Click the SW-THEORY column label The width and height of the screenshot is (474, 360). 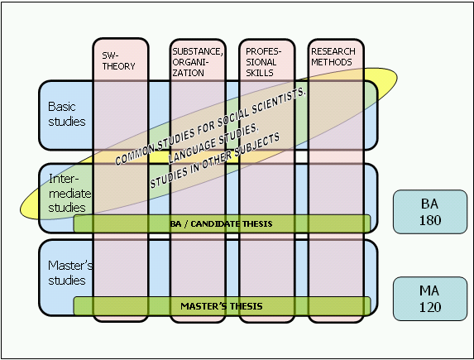point(118,60)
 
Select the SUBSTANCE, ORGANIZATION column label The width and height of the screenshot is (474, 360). point(198,62)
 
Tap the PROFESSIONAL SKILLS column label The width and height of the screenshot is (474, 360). point(263,62)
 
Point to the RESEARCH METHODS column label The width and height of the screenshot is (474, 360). point(333,56)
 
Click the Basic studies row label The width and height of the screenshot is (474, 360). point(66,114)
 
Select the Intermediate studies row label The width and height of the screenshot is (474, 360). point(69,193)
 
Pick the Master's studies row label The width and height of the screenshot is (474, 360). point(70,272)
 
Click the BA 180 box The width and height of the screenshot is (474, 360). point(430,212)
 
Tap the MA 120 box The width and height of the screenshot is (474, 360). point(430,299)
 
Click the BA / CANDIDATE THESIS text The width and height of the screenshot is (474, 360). point(221,224)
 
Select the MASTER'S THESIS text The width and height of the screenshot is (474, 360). point(221,306)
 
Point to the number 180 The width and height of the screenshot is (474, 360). point(430,220)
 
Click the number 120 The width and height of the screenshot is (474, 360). point(430,307)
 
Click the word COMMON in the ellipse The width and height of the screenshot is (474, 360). point(135,155)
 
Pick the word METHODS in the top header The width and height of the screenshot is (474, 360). point(332,62)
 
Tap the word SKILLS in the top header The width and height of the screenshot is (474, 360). point(260,73)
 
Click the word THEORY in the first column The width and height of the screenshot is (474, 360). point(118,66)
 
